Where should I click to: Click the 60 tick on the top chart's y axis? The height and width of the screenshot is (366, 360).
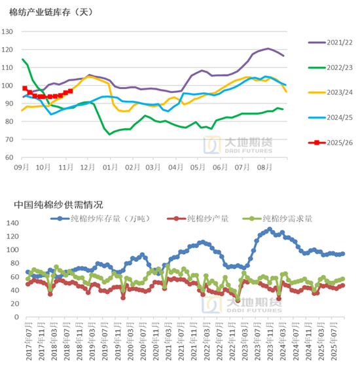pyautogui.click(x=10, y=158)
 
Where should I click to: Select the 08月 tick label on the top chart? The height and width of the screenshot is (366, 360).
pyautogui.click(x=264, y=168)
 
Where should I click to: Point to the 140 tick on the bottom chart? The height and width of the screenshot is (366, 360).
pyautogui.click(x=11, y=223)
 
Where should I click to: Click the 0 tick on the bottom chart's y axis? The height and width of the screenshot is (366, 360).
pyautogui.click(x=16, y=317)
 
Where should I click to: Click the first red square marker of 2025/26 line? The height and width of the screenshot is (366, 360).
pyautogui.click(x=25, y=88)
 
